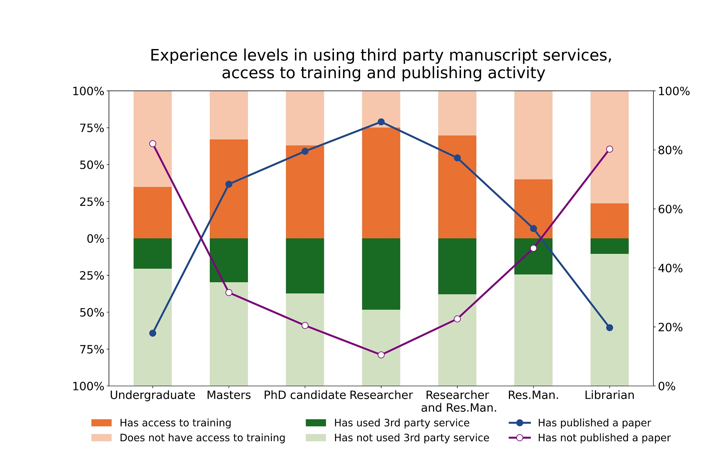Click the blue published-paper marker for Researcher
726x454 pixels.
[381, 122]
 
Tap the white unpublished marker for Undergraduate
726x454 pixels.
[153, 143]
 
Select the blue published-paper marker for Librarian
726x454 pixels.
[609, 328]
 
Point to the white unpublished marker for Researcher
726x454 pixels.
[381, 355]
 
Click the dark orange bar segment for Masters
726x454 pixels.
[229, 189]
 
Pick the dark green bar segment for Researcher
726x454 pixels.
[381, 274]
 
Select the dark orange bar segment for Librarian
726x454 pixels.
[609, 221]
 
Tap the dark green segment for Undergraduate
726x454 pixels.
[153, 254]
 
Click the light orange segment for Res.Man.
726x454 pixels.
[533, 135]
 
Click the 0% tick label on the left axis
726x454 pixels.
[95, 239]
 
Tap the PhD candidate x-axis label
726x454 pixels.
[305, 395]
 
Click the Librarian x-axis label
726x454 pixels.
[609, 395]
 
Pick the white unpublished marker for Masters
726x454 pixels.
[229, 292]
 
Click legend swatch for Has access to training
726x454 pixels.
[102, 423]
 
